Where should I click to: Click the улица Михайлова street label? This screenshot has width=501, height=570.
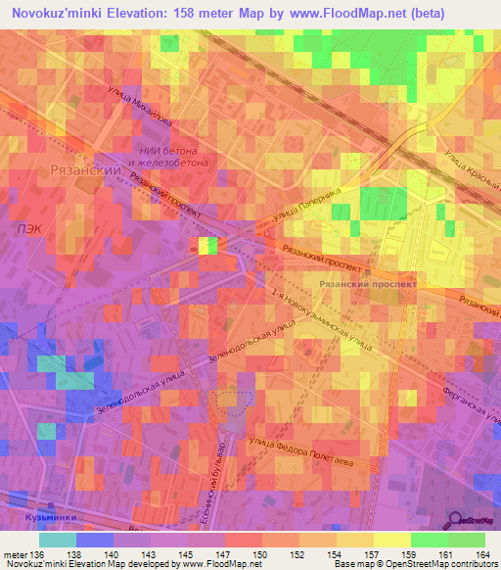coord(144,109)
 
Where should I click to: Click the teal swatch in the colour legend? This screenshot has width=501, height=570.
coord(58,539)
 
